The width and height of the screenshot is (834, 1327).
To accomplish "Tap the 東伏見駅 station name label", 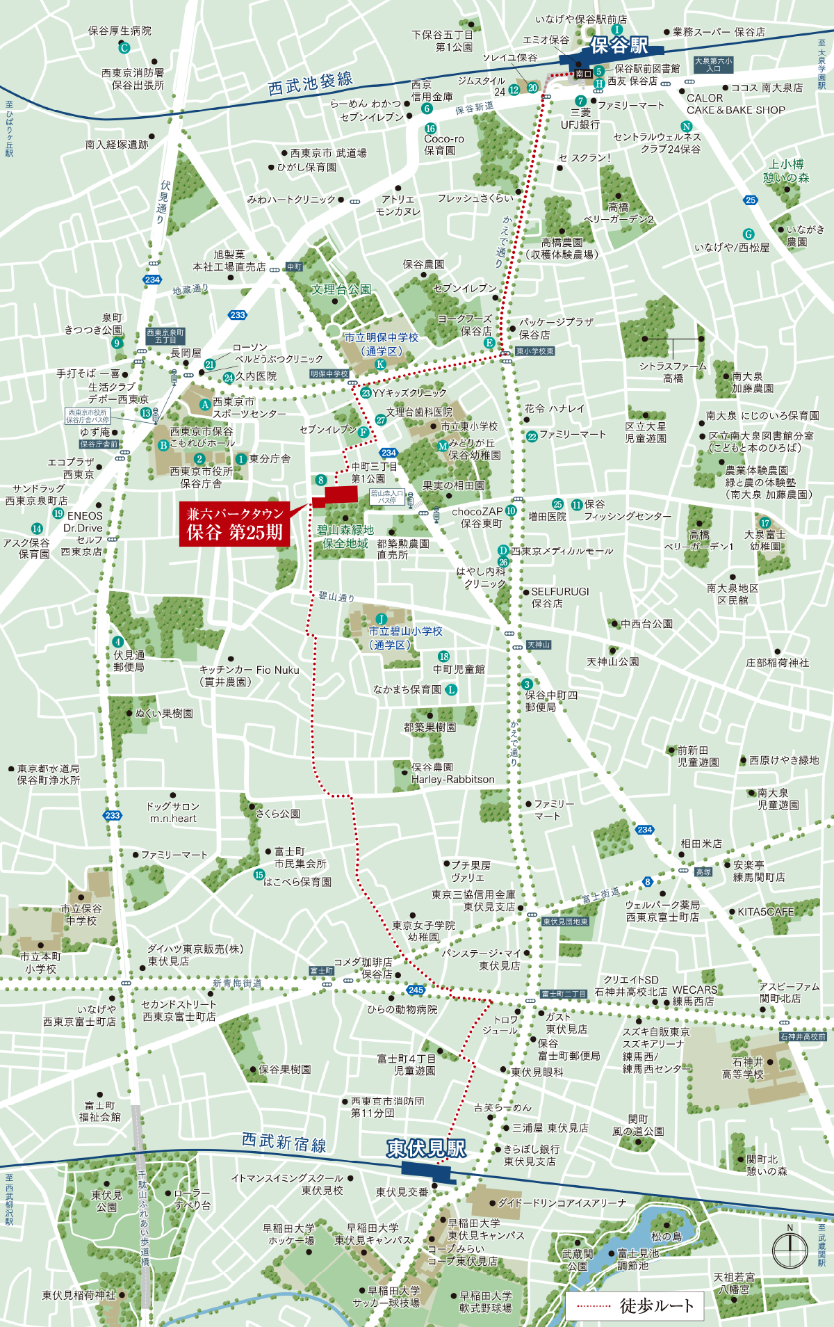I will click(x=426, y=1148).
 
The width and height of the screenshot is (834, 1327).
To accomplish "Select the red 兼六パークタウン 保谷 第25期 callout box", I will click(x=235, y=523).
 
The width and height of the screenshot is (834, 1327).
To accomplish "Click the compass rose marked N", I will click(x=790, y=1248).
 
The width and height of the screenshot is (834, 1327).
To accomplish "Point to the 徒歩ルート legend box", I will click(x=635, y=1305).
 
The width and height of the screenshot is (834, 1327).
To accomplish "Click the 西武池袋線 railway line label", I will click(x=310, y=83).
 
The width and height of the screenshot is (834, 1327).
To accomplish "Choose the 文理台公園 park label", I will click(x=341, y=289).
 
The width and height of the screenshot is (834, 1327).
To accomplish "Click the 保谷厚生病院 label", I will click(x=120, y=31).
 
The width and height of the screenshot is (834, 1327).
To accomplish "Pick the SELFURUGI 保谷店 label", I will click(x=559, y=597).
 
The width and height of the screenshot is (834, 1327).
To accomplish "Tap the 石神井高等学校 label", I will click(x=747, y=1068).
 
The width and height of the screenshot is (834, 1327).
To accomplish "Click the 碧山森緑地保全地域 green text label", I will click(x=345, y=536).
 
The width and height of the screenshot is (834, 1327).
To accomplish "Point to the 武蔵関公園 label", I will click(x=578, y=1260).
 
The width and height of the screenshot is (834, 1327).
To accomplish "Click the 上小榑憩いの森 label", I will click(x=786, y=170).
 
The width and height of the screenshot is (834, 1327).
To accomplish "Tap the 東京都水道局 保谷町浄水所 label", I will click(x=48, y=774).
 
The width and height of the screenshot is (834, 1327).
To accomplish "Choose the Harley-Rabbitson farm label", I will click(x=452, y=780).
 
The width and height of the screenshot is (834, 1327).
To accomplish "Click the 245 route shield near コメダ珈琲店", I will click(x=416, y=990).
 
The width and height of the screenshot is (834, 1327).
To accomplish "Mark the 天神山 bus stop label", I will click(x=539, y=645).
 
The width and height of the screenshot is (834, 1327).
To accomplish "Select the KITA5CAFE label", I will click(x=766, y=912).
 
